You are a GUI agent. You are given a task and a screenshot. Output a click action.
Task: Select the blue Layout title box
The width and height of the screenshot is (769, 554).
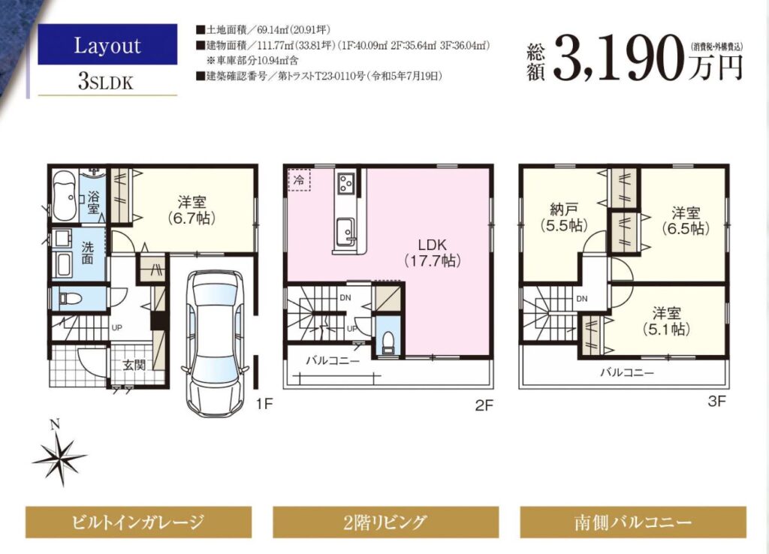pos(107,44)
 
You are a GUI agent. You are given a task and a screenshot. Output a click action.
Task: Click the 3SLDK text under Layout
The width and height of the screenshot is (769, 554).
pos(105,82)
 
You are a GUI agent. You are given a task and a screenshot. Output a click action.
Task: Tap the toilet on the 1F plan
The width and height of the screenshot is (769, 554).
pos(66,297)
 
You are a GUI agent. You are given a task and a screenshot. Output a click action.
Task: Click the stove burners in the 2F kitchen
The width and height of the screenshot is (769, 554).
pos(345,184)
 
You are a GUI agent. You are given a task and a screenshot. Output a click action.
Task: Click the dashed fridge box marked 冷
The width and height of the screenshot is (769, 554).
pos(298,179)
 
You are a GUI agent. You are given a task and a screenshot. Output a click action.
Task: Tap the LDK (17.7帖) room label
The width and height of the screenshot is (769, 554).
pos(432,253)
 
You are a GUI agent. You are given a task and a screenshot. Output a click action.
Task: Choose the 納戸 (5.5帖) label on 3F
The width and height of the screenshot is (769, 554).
pos(563,218)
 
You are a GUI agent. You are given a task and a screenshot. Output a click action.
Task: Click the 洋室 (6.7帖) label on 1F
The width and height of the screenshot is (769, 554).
pos(191,210)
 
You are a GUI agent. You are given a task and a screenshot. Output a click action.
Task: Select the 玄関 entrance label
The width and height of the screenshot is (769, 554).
pos(134,364)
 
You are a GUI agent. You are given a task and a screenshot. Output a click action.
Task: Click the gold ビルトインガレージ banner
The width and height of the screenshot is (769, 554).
pos(138,522)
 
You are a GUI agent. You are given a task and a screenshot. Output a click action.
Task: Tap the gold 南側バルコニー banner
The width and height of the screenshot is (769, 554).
pos(633,522)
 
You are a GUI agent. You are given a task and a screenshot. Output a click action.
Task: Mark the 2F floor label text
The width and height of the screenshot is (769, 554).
pos(484,405)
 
